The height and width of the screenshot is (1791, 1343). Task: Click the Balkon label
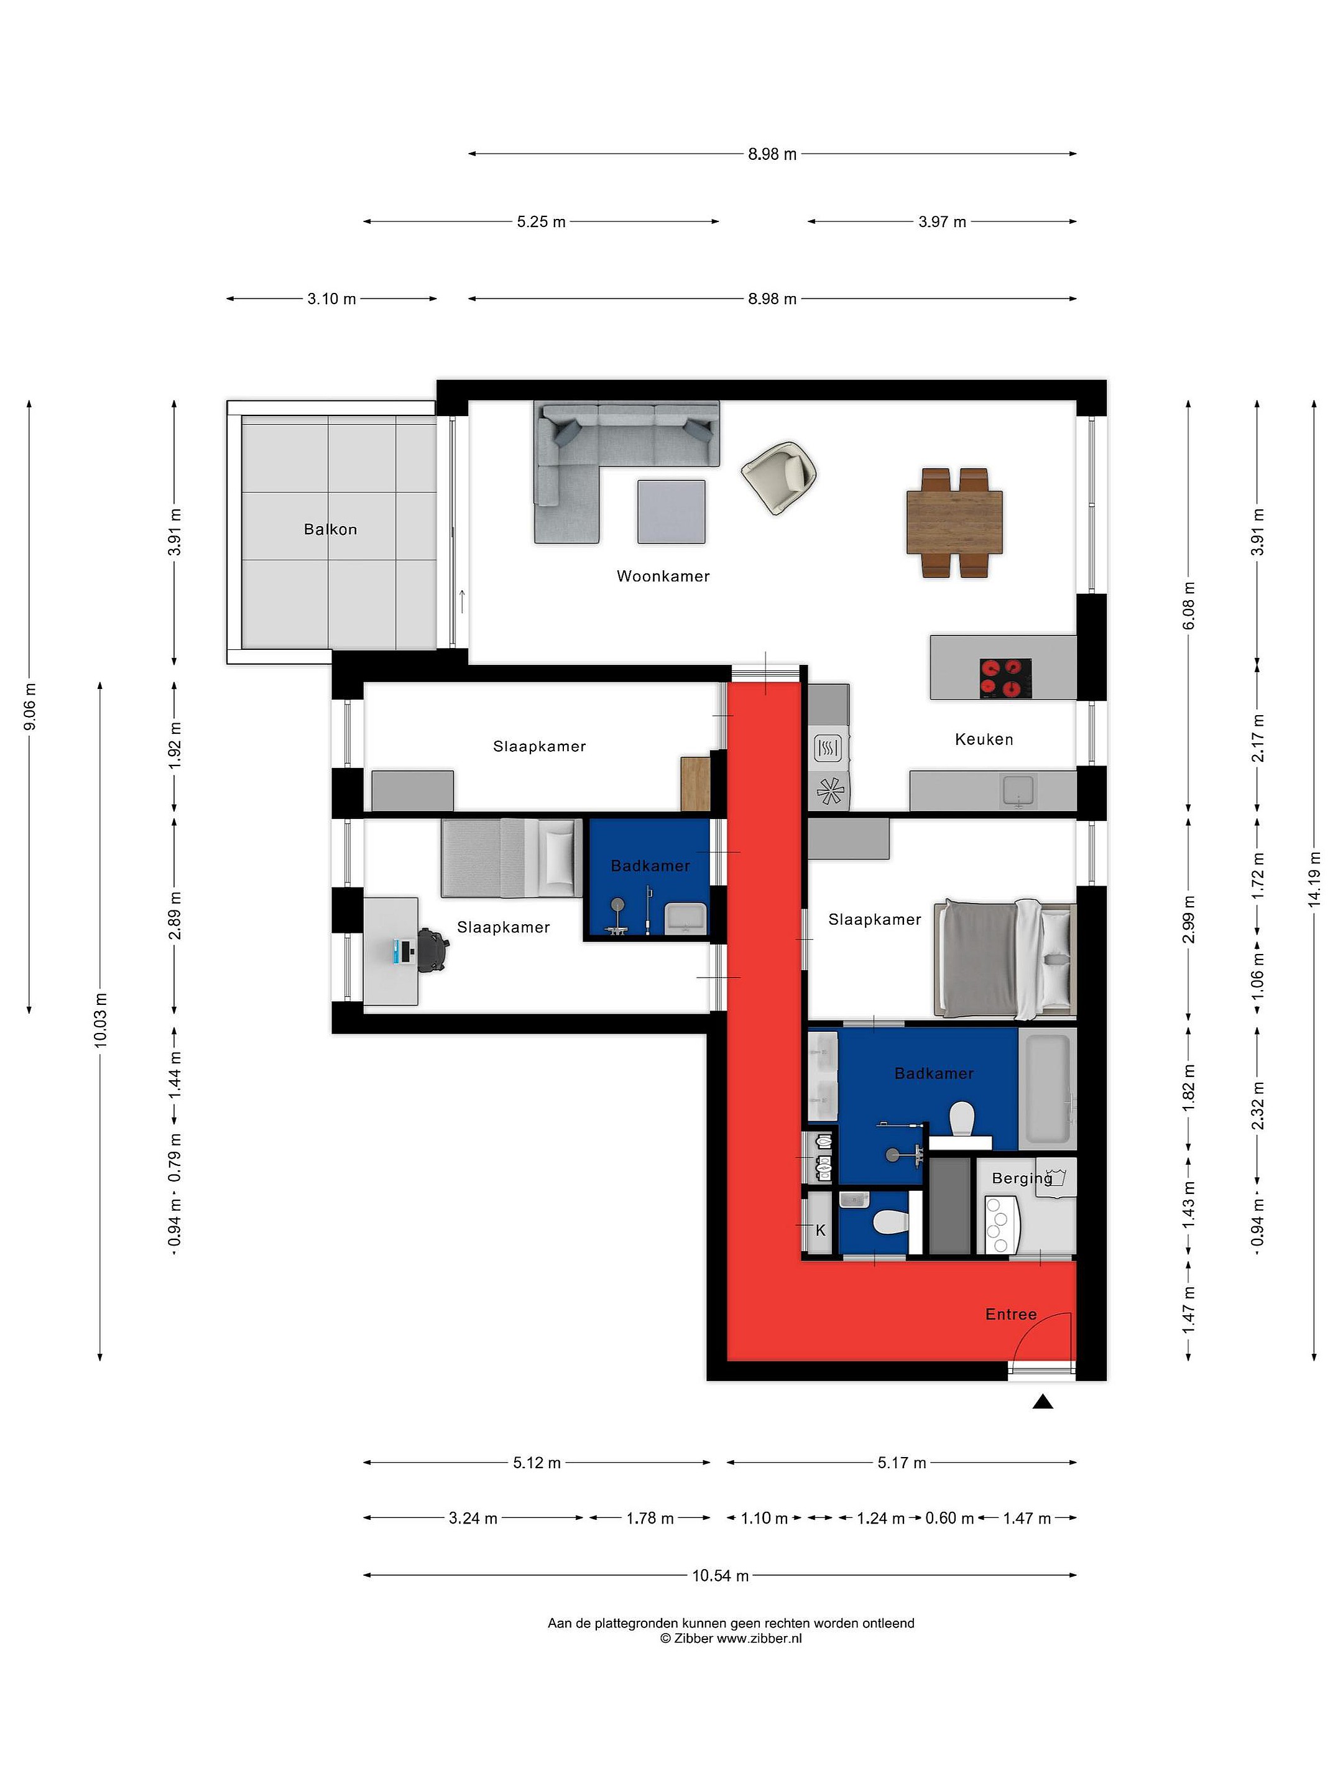[x=330, y=530]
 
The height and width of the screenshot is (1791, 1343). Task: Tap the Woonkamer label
[x=663, y=576]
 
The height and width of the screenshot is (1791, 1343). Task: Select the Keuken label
[x=984, y=739]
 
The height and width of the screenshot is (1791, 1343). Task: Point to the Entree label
[x=1011, y=1314]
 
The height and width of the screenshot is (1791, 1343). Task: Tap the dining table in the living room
[x=954, y=522]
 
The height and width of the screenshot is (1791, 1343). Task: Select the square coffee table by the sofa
[x=671, y=512]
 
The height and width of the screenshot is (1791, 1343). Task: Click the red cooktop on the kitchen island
[x=1005, y=678]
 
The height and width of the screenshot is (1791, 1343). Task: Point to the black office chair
[x=432, y=951]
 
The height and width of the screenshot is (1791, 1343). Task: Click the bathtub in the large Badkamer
[x=1048, y=1088]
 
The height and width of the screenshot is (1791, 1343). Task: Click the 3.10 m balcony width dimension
[x=331, y=298]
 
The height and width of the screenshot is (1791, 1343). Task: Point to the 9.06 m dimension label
[x=30, y=707]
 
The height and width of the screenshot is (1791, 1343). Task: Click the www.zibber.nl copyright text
[x=731, y=1638]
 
